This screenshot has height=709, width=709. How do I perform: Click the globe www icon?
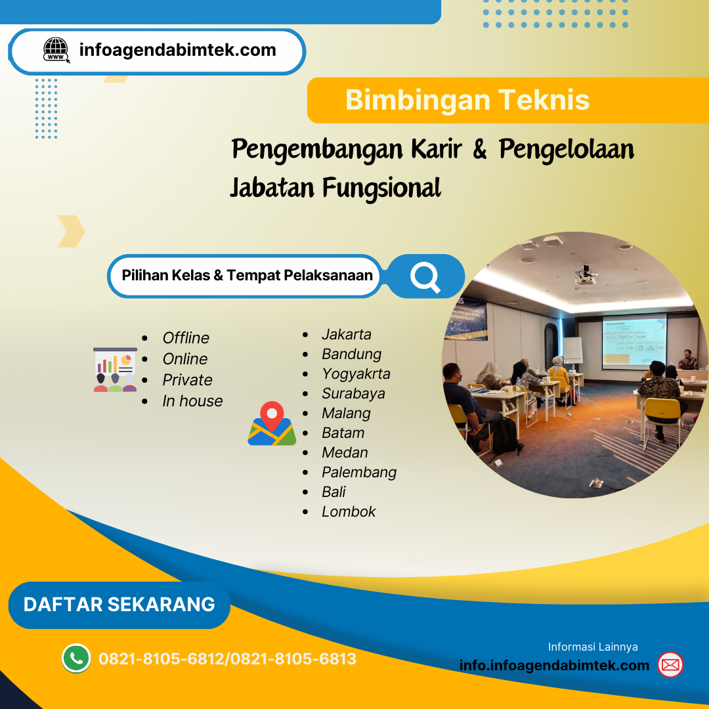point(56,51)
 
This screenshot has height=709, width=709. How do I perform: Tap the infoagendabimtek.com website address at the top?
point(177,50)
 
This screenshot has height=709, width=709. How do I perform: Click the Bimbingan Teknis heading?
point(467,100)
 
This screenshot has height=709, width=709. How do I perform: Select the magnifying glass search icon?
point(425,276)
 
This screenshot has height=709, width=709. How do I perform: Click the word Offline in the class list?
point(186,338)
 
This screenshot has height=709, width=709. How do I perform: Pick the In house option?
point(192,401)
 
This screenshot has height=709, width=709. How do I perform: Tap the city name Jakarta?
point(346,334)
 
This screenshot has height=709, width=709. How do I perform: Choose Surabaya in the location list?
point(353,393)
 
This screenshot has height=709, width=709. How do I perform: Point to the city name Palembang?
point(358,472)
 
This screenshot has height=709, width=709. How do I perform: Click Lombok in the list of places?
point(349,511)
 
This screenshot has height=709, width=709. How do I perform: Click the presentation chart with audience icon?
point(115,370)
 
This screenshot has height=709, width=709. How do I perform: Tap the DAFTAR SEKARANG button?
point(119,605)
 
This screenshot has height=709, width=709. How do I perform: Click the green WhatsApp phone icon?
point(76,658)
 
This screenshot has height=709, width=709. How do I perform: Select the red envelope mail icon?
point(670,665)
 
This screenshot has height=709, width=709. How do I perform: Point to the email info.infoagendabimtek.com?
point(554,665)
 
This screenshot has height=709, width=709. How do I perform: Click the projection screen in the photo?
point(634,340)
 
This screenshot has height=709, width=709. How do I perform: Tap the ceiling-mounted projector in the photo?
point(586,274)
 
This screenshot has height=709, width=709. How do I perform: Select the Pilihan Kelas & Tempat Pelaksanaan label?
point(247,276)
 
